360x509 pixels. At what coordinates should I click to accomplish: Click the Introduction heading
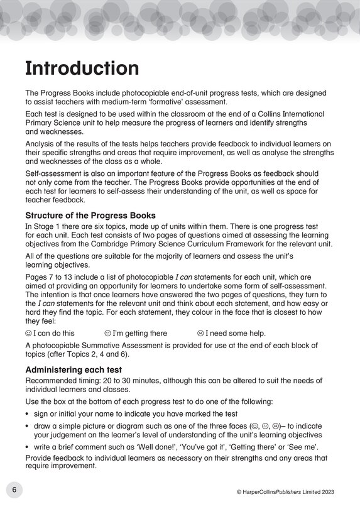[82, 68]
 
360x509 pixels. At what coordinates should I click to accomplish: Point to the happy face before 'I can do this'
[28, 333]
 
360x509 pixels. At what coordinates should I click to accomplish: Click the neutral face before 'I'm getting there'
[107, 333]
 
